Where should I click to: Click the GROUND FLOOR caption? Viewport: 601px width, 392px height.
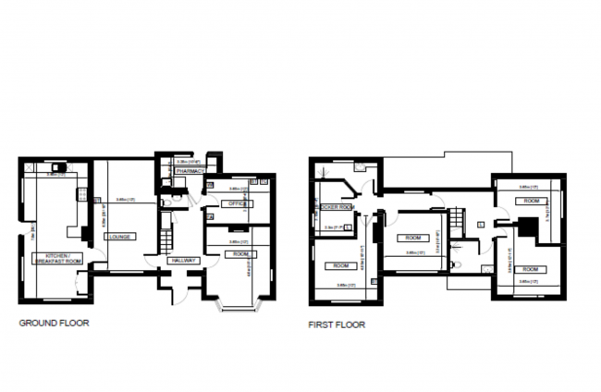pyautogui.click(x=55, y=324)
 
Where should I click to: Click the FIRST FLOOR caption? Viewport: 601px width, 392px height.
pyautogui.click(x=337, y=325)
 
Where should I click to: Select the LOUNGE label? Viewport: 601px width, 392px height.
pyautogui.click(x=119, y=237)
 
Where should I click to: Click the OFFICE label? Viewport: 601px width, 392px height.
pyautogui.click(x=238, y=203)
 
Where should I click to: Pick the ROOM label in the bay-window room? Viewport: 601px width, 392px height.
pyautogui.click(x=240, y=253)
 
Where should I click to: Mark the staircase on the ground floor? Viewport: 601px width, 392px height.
pyautogui.click(x=163, y=239)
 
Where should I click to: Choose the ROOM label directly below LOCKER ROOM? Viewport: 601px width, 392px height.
pyautogui.click(x=334, y=265)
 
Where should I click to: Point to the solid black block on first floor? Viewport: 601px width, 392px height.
pyautogui.click(x=527, y=226)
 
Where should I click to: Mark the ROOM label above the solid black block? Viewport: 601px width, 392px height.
pyautogui.click(x=532, y=200)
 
